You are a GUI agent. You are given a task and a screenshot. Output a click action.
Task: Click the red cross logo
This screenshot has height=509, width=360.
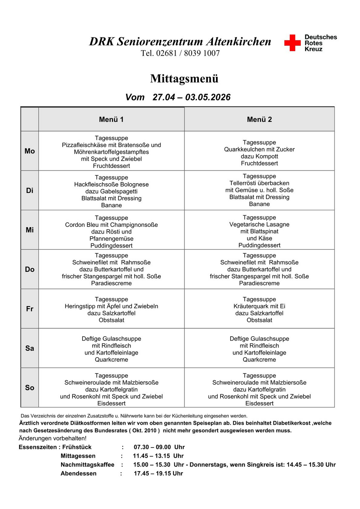tap(292, 43)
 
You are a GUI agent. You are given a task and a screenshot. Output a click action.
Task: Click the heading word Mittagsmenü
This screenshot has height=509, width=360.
tap(184, 79)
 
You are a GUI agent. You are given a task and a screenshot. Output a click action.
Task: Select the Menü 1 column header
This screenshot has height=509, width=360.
tap(111, 120)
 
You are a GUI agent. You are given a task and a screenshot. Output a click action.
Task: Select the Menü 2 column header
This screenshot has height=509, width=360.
tap(259, 120)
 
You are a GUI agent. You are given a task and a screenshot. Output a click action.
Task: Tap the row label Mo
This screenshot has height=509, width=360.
tap(30, 151)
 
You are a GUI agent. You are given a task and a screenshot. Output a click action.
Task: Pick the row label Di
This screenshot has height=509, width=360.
tap(30, 190)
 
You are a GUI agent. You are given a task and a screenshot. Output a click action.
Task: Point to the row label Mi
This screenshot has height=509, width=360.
tap(30, 230)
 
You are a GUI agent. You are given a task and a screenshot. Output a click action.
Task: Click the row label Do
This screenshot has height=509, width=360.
tap(30, 269)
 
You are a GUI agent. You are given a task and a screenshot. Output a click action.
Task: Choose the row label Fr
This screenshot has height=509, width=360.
tap(30, 309)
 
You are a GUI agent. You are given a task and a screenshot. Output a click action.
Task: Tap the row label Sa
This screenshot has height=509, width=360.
tap(30, 348)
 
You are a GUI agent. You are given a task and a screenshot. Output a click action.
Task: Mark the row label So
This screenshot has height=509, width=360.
tap(30, 388)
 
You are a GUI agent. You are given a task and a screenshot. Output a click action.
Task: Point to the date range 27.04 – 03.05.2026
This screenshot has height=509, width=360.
tap(191, 97)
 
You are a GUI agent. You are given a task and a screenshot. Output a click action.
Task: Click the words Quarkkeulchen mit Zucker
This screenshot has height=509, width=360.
tap(259, 150)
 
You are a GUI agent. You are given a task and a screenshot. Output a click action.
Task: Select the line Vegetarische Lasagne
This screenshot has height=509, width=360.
tap(259, 225)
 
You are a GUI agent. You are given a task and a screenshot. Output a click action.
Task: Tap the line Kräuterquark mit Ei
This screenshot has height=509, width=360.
tap(259, 306)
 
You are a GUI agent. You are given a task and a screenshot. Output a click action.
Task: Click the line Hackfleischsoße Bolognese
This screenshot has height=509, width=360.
tap(111, 184)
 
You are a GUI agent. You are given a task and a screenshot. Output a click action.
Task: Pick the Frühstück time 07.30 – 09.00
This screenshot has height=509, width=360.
tap(152, 447)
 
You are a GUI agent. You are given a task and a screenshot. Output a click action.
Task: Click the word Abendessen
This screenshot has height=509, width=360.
tap(78, 473)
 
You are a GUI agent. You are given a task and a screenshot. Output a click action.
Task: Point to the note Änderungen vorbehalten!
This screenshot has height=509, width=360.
tap(52, 438)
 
